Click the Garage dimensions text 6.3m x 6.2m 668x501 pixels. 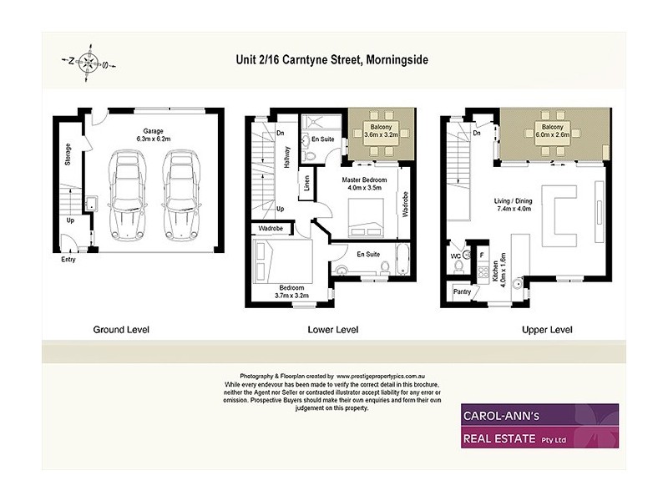[x=153, y=139]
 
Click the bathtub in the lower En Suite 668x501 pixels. [x=402, y=260]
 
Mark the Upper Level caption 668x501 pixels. [x=547, y=330]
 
